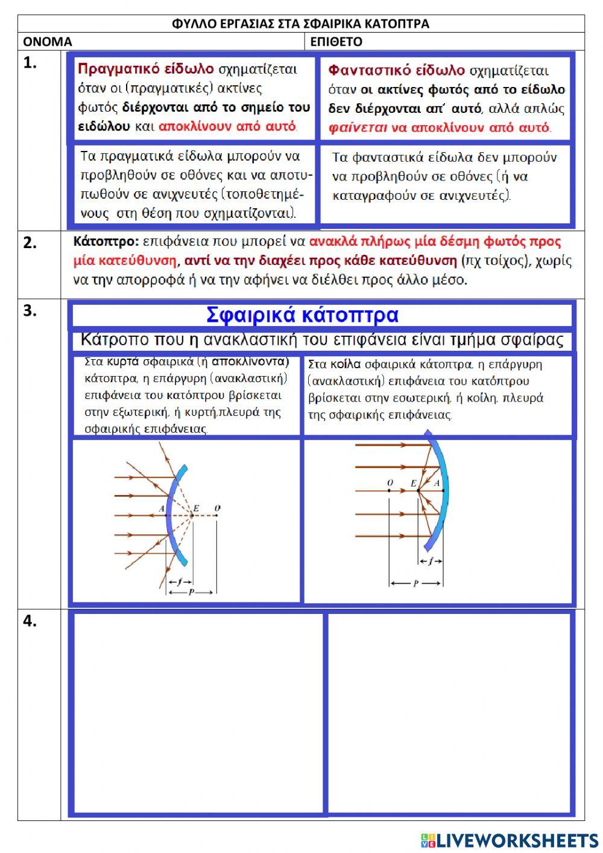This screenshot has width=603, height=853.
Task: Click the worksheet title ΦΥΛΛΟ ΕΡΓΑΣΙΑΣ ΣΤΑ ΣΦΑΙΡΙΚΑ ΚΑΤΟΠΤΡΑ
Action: click(x=300, y=24)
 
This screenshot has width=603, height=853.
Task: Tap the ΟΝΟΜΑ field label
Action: click(x=47, y=42)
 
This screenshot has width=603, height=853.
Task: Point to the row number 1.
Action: click(x=30, y=63)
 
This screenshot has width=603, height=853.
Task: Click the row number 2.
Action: click(x=30, y=243)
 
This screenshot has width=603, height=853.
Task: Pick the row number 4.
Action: click(x=30, y=622)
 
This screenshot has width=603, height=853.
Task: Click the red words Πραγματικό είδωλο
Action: click(x=145, y=69)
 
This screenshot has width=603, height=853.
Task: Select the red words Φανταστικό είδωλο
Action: click(x=396, y=71)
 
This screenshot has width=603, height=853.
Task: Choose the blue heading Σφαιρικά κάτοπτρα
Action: click(x=302, y=315)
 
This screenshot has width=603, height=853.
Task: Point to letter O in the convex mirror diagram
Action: click(x=217, y=509)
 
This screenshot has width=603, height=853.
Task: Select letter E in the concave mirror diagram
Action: click(x=413, y=483)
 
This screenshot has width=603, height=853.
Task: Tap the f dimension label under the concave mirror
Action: click(x=431, y=561)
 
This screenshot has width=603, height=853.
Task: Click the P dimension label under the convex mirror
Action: click(x=191, y=592)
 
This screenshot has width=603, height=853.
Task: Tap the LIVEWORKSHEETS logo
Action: click(x=510, y=840)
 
